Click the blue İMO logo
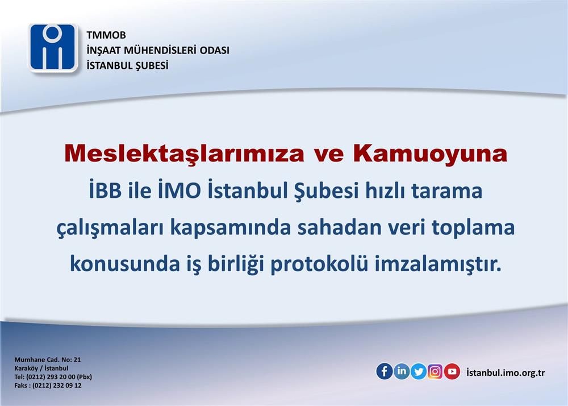coord(53,47)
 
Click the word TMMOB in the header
coord(106,35)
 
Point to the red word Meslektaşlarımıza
coord(184,154)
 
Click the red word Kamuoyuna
coord(430,154)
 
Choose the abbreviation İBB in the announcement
coord(106,190)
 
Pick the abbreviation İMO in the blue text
coord(179,190)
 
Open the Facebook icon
coord(385,371)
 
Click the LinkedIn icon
coord(402,371)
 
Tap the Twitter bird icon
coord(419,371)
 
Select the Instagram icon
coord(435,371)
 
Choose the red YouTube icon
coord(452,371)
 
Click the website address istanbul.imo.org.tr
coord(506,372)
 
